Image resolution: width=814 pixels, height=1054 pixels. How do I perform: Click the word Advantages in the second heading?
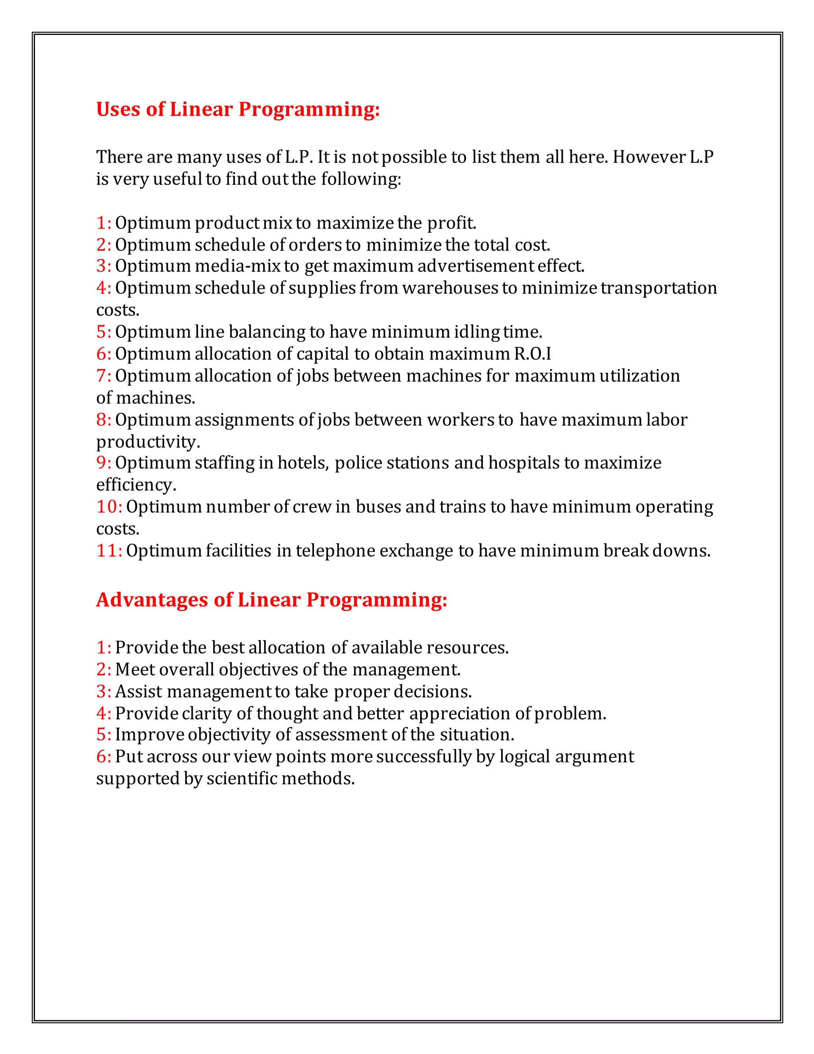tap(152, 599)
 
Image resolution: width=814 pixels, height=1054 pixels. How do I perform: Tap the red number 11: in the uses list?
tap(109, 550)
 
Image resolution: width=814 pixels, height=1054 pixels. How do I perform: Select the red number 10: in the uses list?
tap(109, 506)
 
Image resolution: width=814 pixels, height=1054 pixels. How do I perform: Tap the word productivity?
tap(147, 441)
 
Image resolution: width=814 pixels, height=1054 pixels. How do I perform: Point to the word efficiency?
tap(136, 484)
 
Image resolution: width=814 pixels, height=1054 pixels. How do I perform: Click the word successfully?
tap(424, 756)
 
